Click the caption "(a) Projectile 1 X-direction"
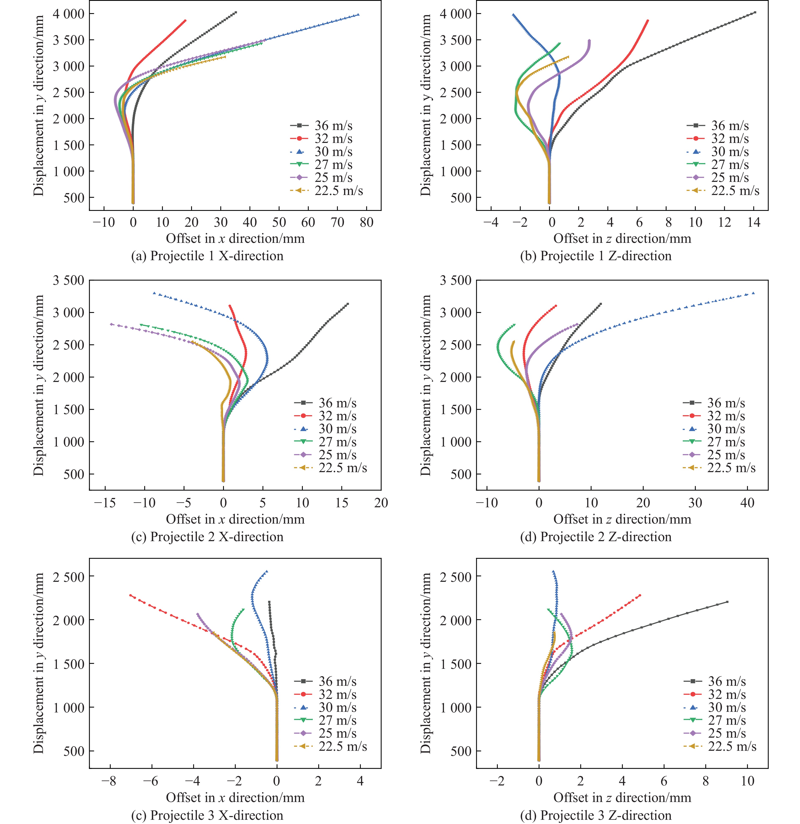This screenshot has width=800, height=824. (207, 256)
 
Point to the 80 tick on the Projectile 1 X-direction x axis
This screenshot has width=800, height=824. (366, 222)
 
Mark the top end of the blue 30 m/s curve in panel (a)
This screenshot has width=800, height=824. (358, 15)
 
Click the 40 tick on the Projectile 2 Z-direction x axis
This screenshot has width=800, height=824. (747, 503)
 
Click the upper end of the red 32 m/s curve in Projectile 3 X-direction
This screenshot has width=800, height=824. (130, 595)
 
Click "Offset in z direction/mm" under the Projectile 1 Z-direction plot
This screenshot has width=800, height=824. (622, 239)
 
